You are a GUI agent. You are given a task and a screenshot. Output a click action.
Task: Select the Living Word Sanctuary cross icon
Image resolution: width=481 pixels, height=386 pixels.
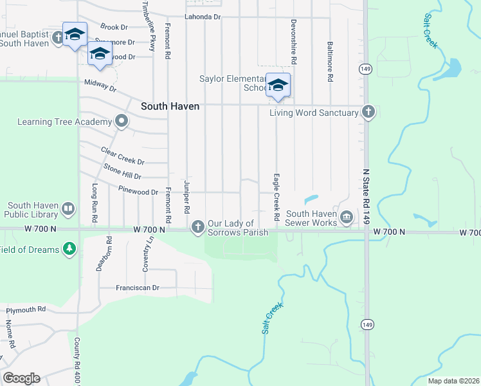click(x=368, y=112)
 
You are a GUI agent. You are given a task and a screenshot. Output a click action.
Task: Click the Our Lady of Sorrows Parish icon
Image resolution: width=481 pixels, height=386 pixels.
click(x=197, y=226)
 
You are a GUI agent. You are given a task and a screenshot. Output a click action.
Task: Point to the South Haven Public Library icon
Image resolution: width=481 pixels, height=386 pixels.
click(x=68, y=208)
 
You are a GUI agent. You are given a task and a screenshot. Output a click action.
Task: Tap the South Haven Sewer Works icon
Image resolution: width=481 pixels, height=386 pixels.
click(x=347, y=216)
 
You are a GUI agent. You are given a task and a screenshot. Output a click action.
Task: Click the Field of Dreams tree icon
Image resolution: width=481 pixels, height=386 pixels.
click(x=69, y=248)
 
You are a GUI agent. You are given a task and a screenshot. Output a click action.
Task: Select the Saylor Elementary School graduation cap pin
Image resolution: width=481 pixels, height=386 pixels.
click(x=278, y=86)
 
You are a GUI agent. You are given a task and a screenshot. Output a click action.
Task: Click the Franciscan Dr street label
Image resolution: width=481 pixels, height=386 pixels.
click(x=138, y=288)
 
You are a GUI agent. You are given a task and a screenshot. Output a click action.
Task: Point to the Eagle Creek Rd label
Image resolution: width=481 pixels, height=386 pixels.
click(x=276, y=197)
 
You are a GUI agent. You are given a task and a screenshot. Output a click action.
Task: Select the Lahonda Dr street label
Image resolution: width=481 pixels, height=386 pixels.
click(x=203, y=17)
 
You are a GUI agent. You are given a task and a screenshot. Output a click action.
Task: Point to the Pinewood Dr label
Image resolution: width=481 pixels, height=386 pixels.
click(x=138, y=192)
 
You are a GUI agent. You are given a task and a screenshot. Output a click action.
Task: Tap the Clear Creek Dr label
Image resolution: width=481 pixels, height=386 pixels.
click(x=123, y=155)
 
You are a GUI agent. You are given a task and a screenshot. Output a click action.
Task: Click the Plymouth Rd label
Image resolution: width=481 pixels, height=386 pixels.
click(x=26, y=309)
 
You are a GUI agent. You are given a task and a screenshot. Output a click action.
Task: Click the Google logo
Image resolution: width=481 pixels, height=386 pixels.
click(x=21, y=378)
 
